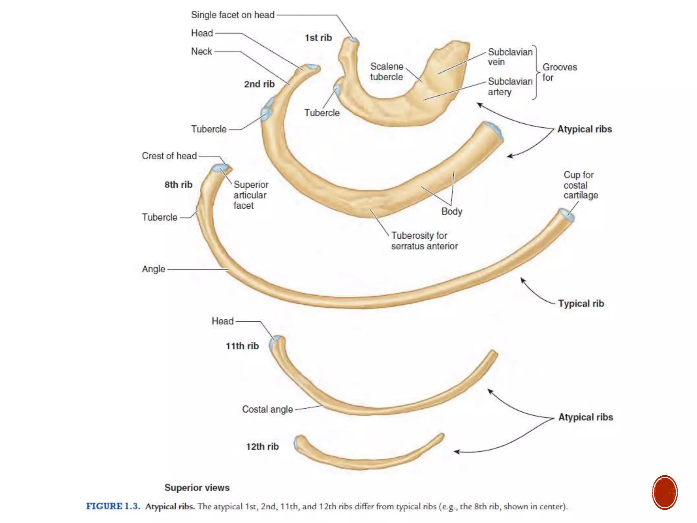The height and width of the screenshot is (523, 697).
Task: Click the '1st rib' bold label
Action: (x=318, y=38)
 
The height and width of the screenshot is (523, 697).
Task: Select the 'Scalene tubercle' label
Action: (x=387, y=72)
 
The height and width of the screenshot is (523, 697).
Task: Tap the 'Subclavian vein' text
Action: (x=509, y=57)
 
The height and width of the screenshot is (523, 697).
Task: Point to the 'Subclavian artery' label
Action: (x=509, y=86)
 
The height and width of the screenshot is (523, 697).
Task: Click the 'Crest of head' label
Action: (x=169, y=156)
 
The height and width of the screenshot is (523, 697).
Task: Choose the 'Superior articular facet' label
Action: (x=250, y=195)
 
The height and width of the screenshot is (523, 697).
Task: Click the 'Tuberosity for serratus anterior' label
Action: (x=424, y=240)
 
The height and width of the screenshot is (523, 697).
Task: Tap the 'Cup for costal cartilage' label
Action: (x=580, y=185)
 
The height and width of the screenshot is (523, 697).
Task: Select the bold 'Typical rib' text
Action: (x=581, y=303)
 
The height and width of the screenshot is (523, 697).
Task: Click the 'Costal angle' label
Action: (x=267, y=409)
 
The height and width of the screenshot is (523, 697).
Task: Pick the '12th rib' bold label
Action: (x=262, y=446)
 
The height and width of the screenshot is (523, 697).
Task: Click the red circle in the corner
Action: (x=665, y=492)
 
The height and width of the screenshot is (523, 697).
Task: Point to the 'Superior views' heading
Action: (x=197, y=488)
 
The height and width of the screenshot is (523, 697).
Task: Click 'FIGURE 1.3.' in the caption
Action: (x=113, y=506)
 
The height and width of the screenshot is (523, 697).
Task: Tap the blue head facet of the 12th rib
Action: (x=296, y=443)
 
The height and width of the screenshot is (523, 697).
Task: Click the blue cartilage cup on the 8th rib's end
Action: (x=568, y=216)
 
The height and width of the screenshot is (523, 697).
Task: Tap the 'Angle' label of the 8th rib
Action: (x=153, y=269)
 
